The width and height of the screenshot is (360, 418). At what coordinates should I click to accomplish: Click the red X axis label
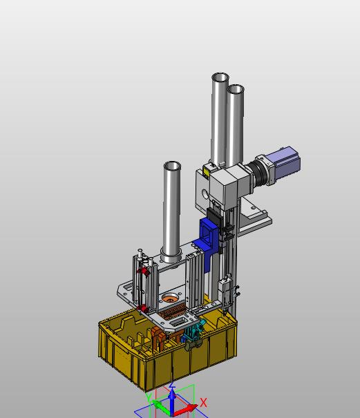pyautogui.click(x=203, y=403)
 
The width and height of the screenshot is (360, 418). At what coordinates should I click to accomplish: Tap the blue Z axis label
pyautogui.click(x=172, y=385)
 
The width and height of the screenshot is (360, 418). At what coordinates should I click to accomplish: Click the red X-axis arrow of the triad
pyautogui.click(x=186, y=409)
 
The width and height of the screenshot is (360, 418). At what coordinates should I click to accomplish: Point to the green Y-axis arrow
pyautogui.click(x=162, y=406)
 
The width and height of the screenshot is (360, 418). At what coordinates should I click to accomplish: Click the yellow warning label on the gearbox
pyautogui.click(x=206, y=172)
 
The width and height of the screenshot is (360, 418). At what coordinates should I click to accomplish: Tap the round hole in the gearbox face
pyautogui.click(x=205, y=194)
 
